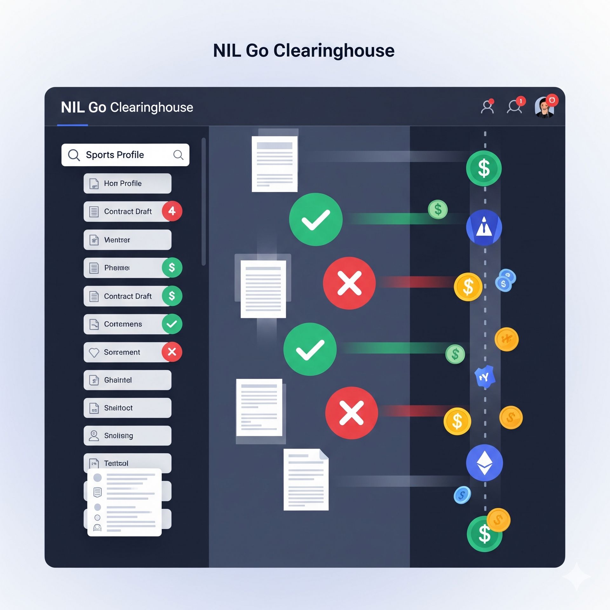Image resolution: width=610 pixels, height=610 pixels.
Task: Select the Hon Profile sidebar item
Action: coord(127,183)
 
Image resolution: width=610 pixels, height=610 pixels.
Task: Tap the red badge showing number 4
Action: coord(172,211)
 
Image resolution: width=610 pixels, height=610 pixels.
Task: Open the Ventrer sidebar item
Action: coord(127,240)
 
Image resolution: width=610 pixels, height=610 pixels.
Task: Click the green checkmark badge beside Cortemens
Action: coord(172,324)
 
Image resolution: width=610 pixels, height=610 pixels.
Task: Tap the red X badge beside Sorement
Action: coord(172,352)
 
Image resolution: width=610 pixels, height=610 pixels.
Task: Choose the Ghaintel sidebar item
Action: coord(127,380)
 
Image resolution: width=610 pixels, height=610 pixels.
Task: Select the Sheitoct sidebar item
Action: coord(127,408)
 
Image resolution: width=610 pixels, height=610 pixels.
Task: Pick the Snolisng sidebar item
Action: coord(127,436)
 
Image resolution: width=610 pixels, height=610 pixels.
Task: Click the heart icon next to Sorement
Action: coord(94,352)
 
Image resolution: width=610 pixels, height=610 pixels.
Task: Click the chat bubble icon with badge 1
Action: coord(514,107)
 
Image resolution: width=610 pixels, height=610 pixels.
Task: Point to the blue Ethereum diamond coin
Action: coord(484,463)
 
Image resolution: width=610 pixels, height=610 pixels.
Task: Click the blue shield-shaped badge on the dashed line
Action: coord(484,377)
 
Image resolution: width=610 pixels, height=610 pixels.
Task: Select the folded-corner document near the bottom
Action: coord(306,479)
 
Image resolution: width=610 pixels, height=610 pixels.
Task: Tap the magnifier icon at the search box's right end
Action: coord(178,155)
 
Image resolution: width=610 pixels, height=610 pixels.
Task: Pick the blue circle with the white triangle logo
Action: coord(484,227)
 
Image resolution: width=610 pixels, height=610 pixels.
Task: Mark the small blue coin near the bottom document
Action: coord(462,495)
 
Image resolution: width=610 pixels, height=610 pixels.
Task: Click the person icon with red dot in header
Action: coord(487,107)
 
